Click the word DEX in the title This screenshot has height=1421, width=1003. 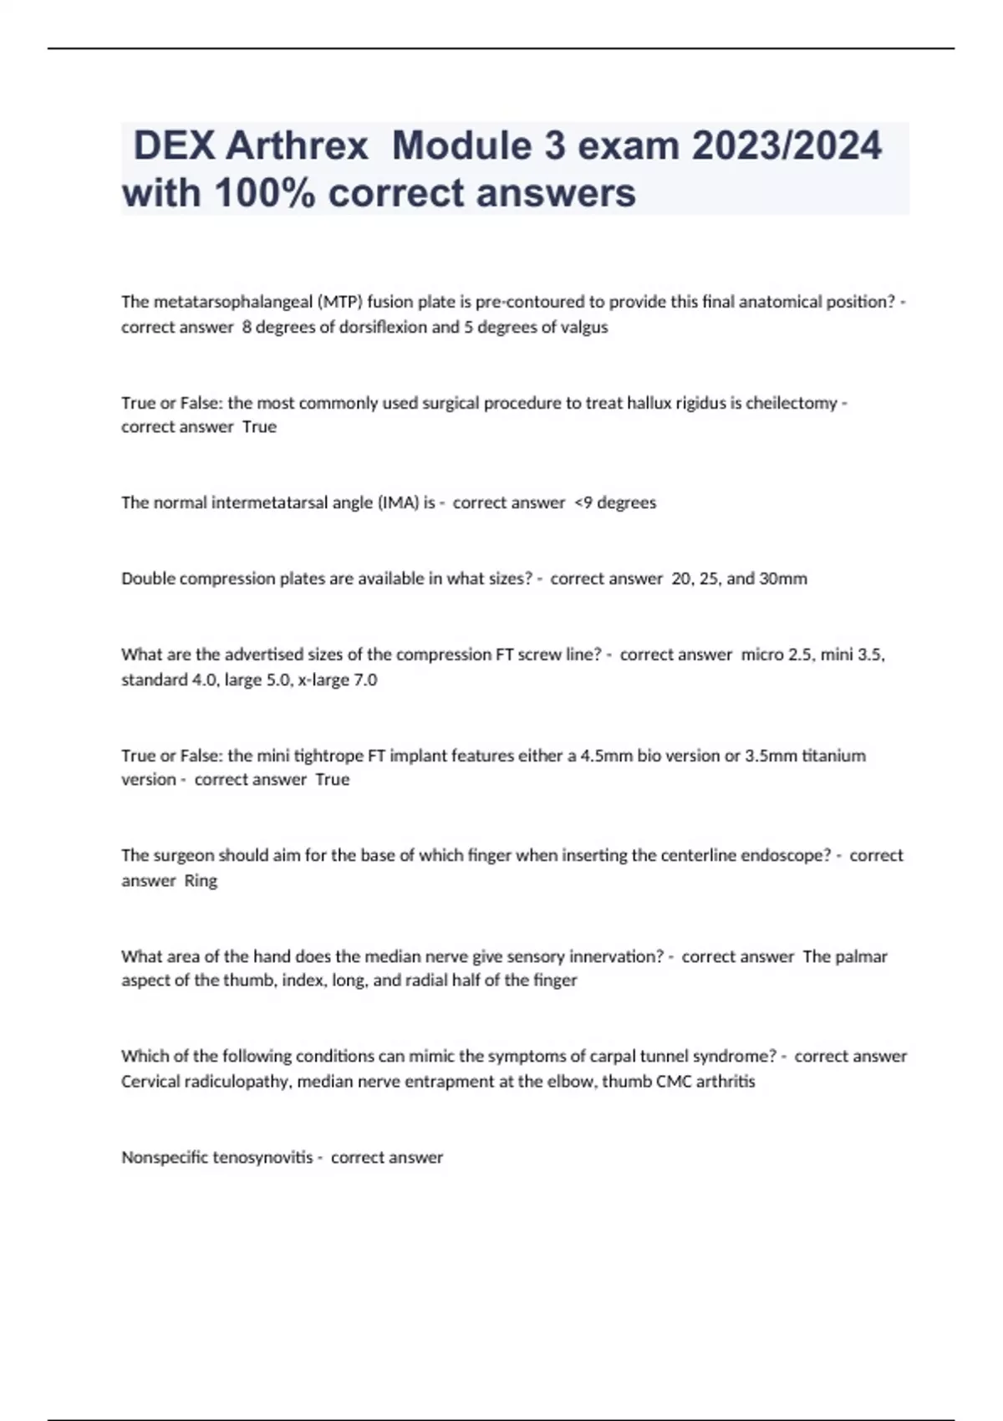click(x=173, y=146)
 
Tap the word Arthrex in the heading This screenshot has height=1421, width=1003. click(x=297, y=146)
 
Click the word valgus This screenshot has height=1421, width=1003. click(x=584, y=328)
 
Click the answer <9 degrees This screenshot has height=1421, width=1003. click(x=615, y=503)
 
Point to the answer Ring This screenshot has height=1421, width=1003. click(x=201, y=880)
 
